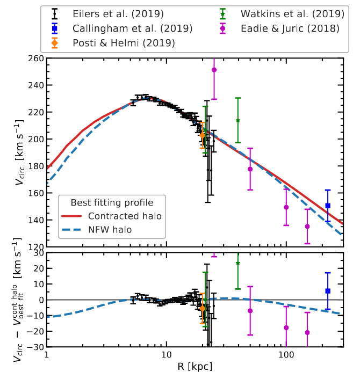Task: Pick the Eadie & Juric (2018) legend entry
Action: coord(290,28)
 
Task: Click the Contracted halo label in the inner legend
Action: coord(124,216)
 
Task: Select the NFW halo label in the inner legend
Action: coord(110,230)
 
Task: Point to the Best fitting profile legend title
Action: coord(112,202)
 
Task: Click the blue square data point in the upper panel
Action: coord(328,206)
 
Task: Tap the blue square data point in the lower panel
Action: coord(328,291)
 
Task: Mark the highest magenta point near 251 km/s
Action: coord(214,70)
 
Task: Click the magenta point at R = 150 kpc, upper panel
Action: coord(307,227)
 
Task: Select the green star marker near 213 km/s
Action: coord(238,120)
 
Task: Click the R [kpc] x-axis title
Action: coord(195,367)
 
